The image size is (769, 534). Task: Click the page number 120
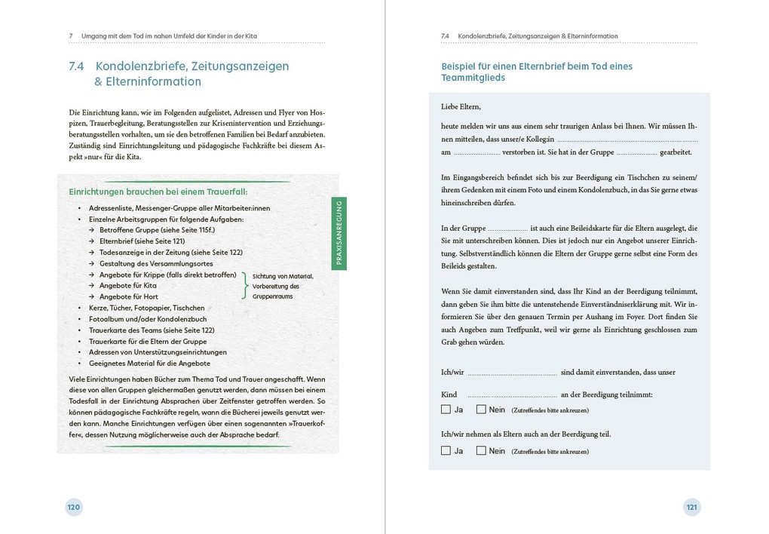(x=73, y=508)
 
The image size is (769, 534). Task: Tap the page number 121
(x=692, y=508)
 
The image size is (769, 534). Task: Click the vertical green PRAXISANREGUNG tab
(x=339, y=234)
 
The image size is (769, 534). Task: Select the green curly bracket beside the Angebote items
(x=244, y=286)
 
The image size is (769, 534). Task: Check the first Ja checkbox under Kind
(x=446, y=410)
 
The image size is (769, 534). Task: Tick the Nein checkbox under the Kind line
(x=481, y=410)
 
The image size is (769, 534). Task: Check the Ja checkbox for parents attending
(x=446, y=451)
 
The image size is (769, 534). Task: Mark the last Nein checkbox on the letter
(x=481, y=451)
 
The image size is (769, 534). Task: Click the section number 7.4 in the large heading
(x=76, y=66)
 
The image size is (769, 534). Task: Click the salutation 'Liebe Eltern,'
(x=461, y=106)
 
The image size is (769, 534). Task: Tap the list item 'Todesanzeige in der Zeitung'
(x=156, y=253)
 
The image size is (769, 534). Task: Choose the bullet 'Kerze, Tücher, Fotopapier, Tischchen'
(x=146, y=308)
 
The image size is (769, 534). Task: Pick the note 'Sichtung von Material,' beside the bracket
(x=283, y=276)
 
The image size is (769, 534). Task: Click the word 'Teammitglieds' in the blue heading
(x=473, y=78)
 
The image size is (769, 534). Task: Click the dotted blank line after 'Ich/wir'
(x=511, y=373)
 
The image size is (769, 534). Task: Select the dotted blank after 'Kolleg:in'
(x=627, y=140)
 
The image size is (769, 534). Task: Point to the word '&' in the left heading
(x=99, y=81)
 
